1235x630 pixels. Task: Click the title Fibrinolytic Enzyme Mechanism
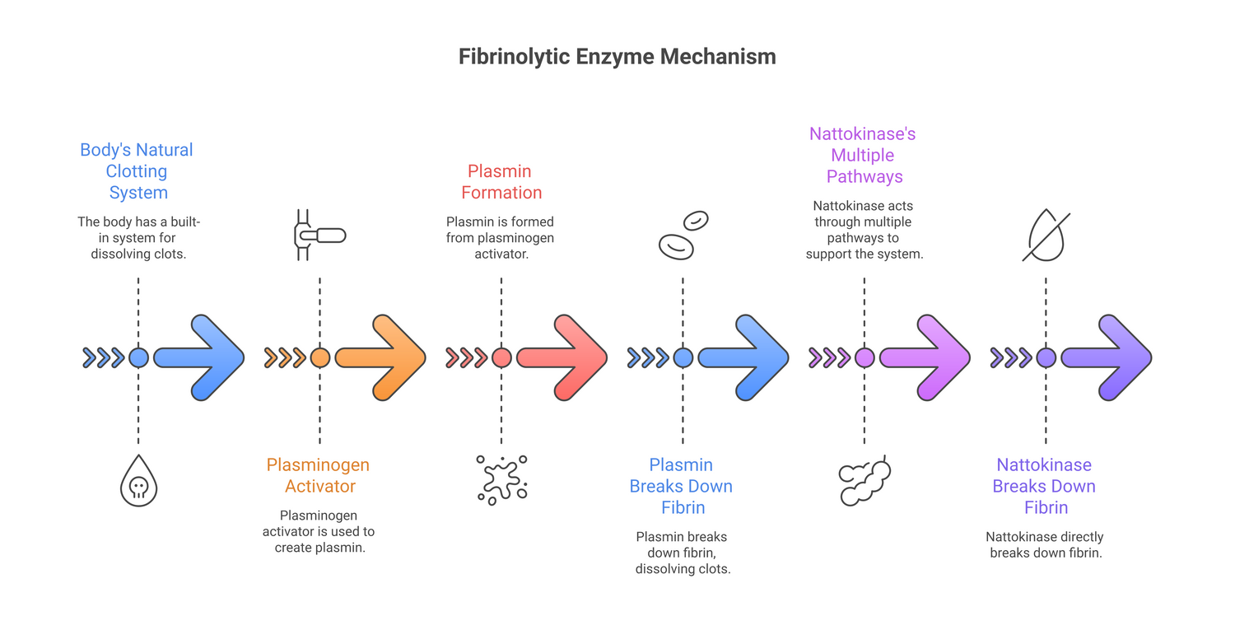click(617, 57)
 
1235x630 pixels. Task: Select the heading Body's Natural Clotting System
click(137, 171)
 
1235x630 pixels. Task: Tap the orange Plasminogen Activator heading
click(319, 475)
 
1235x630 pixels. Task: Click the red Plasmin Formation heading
click(501, 182)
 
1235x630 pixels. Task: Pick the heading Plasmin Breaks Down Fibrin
click(682, 486)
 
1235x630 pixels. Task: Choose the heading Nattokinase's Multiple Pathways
click(864, 155)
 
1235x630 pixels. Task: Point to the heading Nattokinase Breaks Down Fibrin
click(1045, 486)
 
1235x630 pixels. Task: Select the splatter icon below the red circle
click(501, 479)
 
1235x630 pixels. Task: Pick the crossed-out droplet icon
click(1046, 236)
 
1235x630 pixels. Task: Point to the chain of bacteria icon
click(864, 480)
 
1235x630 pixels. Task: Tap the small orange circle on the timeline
click(320, 357)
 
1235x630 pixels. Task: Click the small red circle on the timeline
click(501, 357)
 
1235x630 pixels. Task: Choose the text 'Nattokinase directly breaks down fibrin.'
click(1045, 544)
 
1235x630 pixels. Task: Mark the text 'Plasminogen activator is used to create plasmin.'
click(319, 531)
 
